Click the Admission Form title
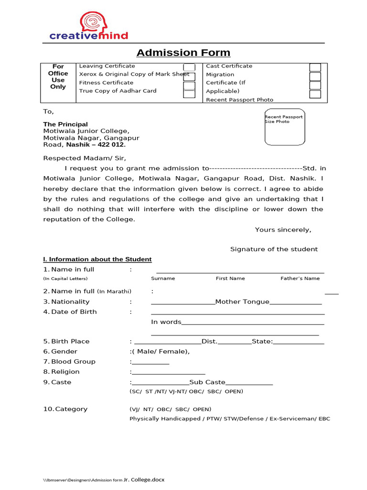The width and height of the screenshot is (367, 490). (183, 53)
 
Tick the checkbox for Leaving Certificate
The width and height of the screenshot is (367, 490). (189, 67)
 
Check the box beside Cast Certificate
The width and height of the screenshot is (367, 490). (315, 67)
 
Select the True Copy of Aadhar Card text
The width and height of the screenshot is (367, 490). (118, 91)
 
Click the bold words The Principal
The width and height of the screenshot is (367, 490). (65, 124)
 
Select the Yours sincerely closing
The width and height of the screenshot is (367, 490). (283, 230)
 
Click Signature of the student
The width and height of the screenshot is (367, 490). (274, 249)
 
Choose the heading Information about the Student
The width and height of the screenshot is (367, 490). (97, 259)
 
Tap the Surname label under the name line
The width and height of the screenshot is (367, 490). (163, 278)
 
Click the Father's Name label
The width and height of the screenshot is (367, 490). (300, 278)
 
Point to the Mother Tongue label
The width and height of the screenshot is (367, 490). (242, 302)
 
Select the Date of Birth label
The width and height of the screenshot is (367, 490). (74, 312)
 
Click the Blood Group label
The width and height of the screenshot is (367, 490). (73, 362)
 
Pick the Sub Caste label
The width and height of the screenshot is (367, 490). (207, 382)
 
